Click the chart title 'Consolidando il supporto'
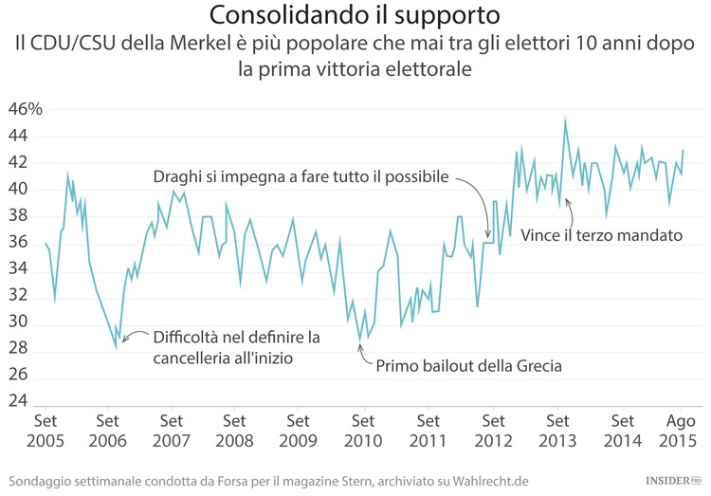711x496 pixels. pyautogui.click(x=355, y=16)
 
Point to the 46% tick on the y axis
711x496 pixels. pyautogui.click(x=26, y=109)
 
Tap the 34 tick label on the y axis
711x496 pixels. pyautogui.click(x=18, y=269)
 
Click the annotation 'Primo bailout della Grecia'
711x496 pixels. pyautogui.click(x=469, y=366)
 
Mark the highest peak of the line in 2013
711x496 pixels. pyautogui.click(x=565, y=119)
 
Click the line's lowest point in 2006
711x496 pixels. pyautogui.click(x=117, y=348)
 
